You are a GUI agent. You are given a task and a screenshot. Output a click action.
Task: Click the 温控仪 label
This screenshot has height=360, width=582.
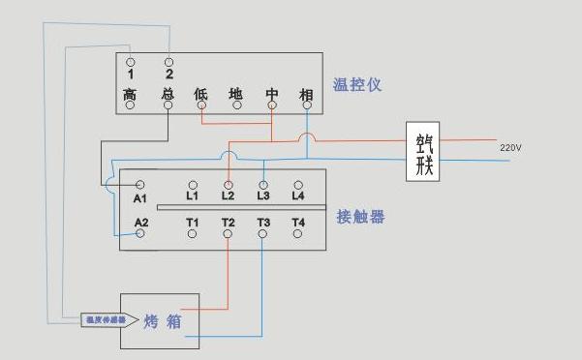pos(356,85)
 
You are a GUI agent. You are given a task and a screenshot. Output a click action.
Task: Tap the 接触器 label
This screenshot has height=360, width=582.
pos(360,217)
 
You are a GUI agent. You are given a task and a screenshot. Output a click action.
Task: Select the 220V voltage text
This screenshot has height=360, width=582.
pos(510,148)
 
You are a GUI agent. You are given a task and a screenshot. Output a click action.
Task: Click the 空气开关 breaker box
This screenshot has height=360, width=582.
pos(423,153)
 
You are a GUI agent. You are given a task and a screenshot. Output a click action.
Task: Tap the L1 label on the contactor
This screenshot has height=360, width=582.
pos(192,196)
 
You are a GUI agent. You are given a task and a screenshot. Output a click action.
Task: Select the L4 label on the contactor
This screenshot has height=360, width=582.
pos(297,196)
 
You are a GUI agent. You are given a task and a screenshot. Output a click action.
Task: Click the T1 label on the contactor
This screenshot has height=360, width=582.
pos(192,223)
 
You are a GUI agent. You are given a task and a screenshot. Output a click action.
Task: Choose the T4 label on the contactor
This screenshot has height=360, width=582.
pos(297,223)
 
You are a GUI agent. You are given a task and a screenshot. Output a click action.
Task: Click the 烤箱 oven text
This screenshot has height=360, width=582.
pos(163,320)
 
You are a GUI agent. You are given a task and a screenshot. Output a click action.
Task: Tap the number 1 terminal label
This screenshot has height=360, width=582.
pos(130,74)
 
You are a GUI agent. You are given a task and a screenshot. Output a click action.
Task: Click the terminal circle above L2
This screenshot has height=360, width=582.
pos(229,183)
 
